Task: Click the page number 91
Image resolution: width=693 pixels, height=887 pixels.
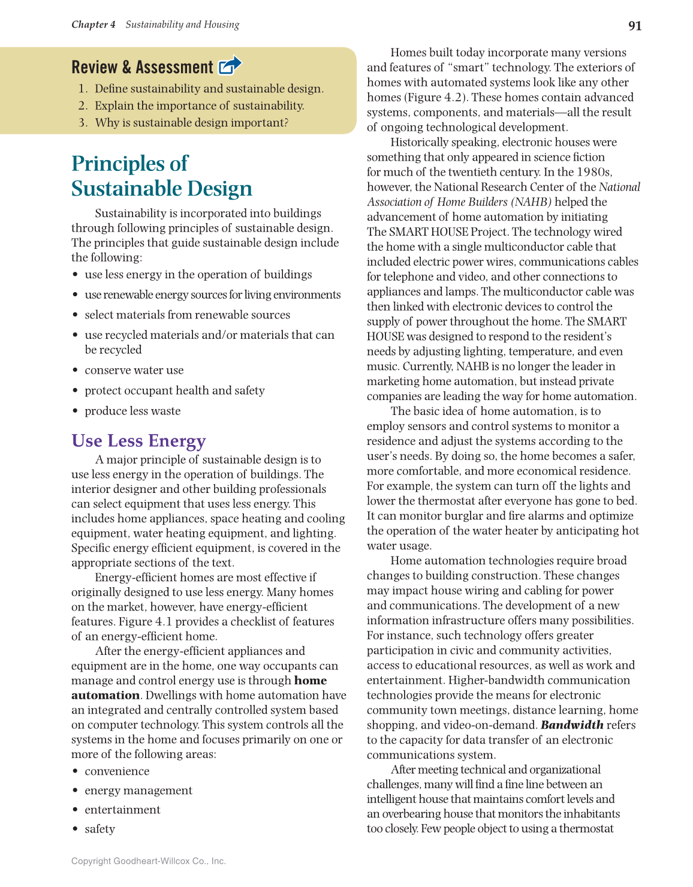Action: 634,26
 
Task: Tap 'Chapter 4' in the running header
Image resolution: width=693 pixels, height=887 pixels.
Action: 94,25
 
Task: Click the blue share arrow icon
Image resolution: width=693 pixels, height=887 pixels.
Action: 230,65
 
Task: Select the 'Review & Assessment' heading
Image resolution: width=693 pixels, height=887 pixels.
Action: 142,67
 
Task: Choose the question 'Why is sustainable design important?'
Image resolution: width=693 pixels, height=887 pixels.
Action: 191,123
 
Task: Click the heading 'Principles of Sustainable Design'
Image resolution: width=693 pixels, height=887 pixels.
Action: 161,176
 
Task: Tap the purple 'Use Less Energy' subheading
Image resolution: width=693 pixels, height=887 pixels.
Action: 138,441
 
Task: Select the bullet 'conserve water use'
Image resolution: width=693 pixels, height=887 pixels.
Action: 134,371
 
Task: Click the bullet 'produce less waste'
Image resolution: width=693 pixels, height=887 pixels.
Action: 132,411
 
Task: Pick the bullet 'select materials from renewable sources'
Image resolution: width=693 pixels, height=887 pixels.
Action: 187,315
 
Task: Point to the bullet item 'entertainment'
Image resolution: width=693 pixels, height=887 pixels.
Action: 122,810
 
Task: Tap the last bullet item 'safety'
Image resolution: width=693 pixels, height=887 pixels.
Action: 100,829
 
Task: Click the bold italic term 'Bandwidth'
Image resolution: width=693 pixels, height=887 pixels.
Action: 571,725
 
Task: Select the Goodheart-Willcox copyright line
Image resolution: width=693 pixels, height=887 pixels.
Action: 148,861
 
